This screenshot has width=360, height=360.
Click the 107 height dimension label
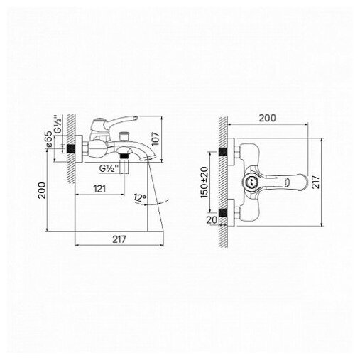(x=156, y=139)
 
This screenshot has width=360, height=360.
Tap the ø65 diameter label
(x=48, y=140)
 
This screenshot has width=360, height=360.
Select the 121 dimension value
(x=99, y=189)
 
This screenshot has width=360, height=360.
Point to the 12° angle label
(x=140, y=197)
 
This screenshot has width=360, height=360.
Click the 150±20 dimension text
(x=204, y=182)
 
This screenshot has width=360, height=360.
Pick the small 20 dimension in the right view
(x=212, y=220)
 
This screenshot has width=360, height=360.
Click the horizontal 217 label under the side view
(x=119, y=239)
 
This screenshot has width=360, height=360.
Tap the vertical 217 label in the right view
(x=315, y=182)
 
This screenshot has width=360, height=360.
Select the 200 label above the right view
(x=267, y=118)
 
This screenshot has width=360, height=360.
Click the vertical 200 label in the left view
(x=43, y=190)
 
